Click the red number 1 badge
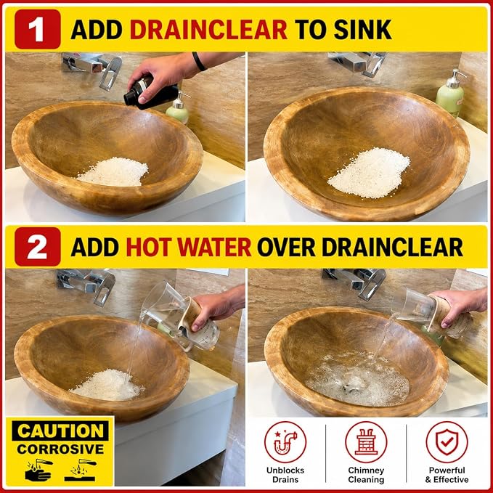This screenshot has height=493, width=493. (x=38, y=29)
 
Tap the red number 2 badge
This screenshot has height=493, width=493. (x=38, y=247)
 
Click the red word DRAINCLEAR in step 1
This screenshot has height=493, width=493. (x=208, y=30)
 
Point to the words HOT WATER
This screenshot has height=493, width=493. (x=189, y=247)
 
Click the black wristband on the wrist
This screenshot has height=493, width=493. (x=199, y=61)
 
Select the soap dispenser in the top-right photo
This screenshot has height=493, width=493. (x=451, y=94)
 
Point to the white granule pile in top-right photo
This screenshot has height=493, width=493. (x=369, y=173)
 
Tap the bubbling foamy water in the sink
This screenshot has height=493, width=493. (x=357, y=379)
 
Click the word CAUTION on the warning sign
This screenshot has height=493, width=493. (x=60, y=431)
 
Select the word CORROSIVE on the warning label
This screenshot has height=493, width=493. (x=60, y=449)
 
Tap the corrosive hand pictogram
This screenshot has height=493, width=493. (x=38, y=470)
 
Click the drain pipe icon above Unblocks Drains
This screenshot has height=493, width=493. (x=285, y=442)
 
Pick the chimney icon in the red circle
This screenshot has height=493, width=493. (x=366, y=442)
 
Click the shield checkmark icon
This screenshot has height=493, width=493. (x=447, y=442)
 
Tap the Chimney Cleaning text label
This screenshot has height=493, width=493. (x=366, y=475)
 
